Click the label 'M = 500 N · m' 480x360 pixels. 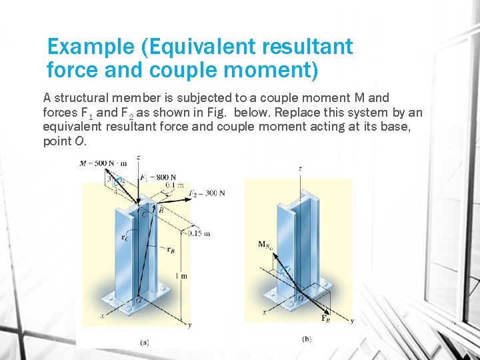point(103,163)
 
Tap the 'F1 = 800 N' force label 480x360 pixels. point(158,178)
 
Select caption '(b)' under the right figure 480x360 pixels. point(306,339)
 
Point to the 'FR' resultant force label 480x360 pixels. point(326,319)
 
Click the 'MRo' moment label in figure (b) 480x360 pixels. point(266,245)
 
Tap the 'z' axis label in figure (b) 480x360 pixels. point(300,169)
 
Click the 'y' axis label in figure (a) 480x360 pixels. point(190,325)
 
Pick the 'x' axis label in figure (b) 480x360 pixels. point(265,311)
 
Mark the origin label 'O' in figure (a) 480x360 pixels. point(137,302)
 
